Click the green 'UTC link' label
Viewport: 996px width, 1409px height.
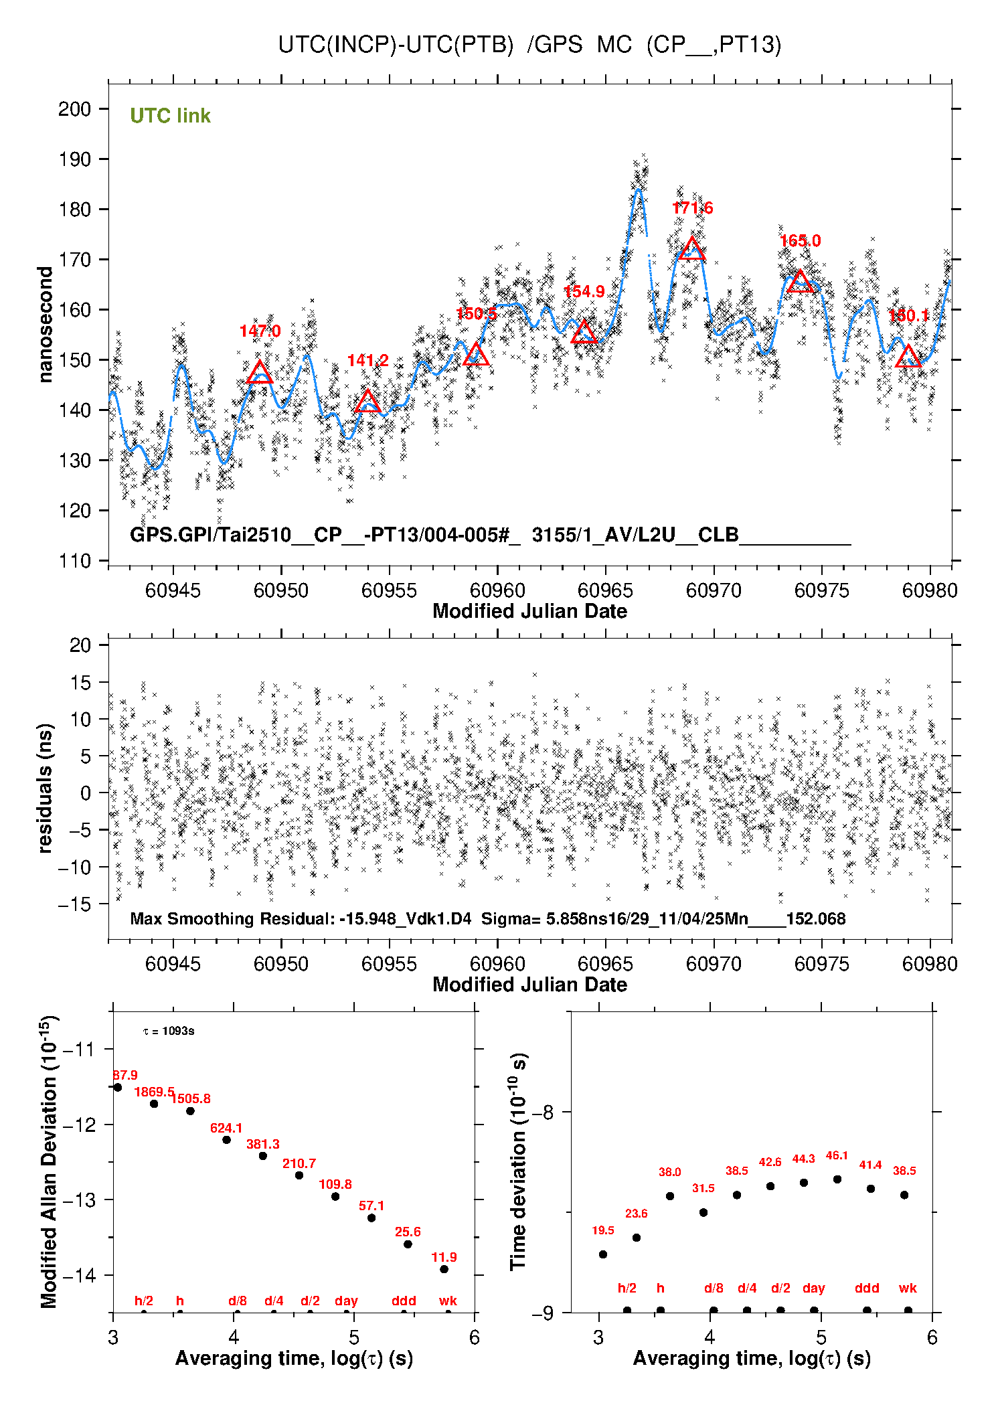pos(170,116)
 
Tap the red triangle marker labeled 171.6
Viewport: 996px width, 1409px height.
pos(691,249)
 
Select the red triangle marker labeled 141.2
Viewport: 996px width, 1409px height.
pos(367,402)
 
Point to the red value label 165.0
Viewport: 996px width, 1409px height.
pos(800,241)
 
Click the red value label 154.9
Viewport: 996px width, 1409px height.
pos(584,292)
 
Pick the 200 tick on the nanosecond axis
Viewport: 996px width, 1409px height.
pos(74,109)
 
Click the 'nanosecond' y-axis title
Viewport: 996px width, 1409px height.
pos(45,324)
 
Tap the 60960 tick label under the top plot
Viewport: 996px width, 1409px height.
pos(497,590)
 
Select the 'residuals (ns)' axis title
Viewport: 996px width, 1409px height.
pos(45,788)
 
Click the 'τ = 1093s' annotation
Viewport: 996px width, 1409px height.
pos(169,1031)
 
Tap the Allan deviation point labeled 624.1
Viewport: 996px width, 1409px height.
pos(226,1140)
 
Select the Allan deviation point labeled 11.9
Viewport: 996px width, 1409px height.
pos(444,1269)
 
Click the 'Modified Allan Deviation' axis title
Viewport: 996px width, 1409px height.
pos(48,1161)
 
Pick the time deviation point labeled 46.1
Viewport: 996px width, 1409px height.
pos(837,1179)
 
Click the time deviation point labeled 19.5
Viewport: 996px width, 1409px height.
pos(603,1254)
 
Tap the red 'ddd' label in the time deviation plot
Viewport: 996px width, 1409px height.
pos(867,1288)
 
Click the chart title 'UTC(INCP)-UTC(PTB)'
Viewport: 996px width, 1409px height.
pos(396,45)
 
